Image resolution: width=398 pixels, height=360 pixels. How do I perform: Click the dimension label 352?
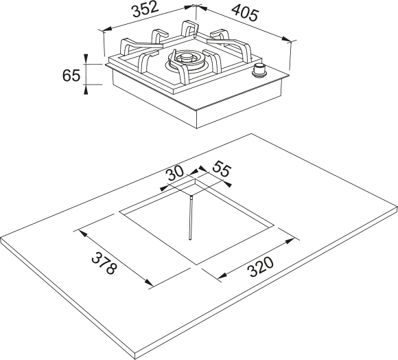145,10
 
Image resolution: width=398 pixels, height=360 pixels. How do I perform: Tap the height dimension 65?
71,75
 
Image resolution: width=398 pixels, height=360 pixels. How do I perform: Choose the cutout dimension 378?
104,263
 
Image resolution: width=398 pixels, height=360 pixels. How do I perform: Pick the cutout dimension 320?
261,267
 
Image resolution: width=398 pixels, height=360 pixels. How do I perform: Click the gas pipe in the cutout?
191,218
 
